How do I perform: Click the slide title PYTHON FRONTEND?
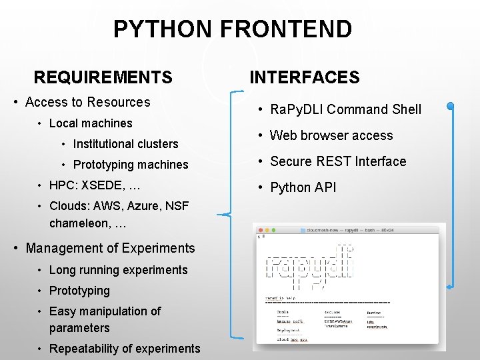[232, 29]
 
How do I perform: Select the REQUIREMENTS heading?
[103, 77]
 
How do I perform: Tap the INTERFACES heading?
[304, 77]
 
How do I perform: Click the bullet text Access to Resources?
[87, 102]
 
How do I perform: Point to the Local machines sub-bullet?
[91, 123]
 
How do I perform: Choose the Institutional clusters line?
[125, 144]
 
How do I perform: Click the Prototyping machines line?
[131, 165]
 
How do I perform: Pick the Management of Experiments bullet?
[110, 248]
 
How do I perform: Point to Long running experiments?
[118, 270]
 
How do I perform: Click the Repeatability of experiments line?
[125, 349]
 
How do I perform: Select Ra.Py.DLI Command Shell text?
[345, 109]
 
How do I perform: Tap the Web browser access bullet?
[331, 135]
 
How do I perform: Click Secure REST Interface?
[338, 161]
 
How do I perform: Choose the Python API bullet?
[303, 187]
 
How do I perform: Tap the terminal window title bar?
[349, 229]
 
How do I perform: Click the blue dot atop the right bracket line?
[451, 105]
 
